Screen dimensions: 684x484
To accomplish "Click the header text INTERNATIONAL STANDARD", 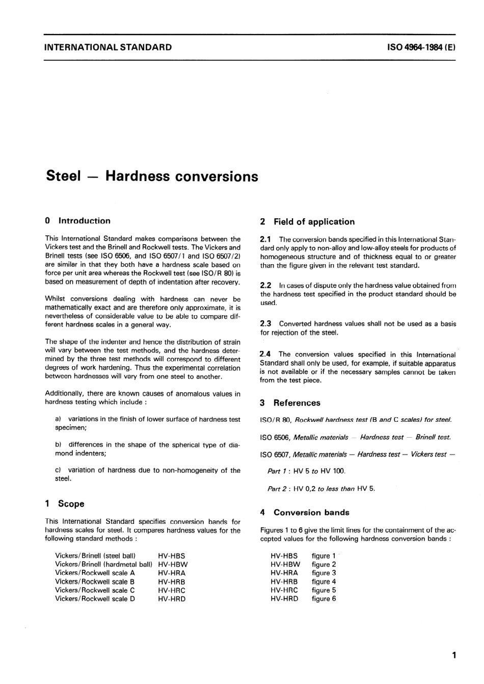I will click(x=108, y=47).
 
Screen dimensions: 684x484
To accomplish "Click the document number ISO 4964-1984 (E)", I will click(x=421, y=47).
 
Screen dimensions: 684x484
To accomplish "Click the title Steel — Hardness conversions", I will click(x=152, y=176).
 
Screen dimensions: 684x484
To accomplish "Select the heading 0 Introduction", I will click(x=77, y=221).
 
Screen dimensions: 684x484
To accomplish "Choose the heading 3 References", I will click(x=290, y=403).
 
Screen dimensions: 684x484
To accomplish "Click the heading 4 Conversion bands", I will click(x=304, y=512).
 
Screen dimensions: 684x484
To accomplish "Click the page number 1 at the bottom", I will click(x=453, y=655).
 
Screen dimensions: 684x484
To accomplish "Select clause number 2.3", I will click(x=265, y=323).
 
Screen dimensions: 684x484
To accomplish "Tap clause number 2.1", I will click(x=265, y=239).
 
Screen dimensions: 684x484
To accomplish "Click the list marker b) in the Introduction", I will click(x=58, y=445).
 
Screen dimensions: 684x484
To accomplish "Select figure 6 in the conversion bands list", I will click(x=324, y=599).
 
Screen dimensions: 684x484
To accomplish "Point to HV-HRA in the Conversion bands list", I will click(x=284, y=573).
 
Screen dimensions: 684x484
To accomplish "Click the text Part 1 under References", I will click(x=277, y=471).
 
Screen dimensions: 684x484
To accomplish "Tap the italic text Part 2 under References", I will click(x=277, y=488).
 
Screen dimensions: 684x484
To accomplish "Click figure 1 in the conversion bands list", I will click(x=324, y=555).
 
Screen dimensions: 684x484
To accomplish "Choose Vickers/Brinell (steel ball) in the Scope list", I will click(x=95, y=555).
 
